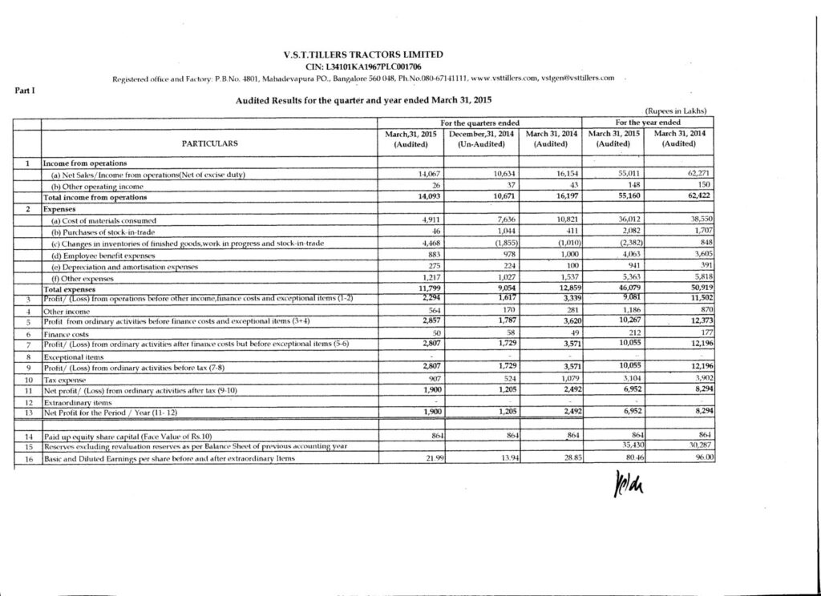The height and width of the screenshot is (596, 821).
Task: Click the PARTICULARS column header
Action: tap(211, 144)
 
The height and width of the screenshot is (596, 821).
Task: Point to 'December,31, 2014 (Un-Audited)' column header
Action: tap(481, 139)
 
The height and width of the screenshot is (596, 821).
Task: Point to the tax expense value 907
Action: tap(426, 378)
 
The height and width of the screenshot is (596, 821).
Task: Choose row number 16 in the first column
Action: tap(27, 457)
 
